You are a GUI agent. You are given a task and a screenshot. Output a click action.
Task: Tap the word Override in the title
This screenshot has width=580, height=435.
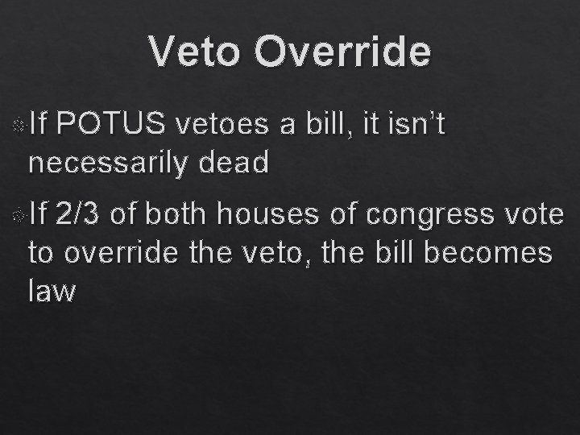(342, 52)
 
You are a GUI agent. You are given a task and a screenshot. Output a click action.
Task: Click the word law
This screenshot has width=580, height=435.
(52, 292)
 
